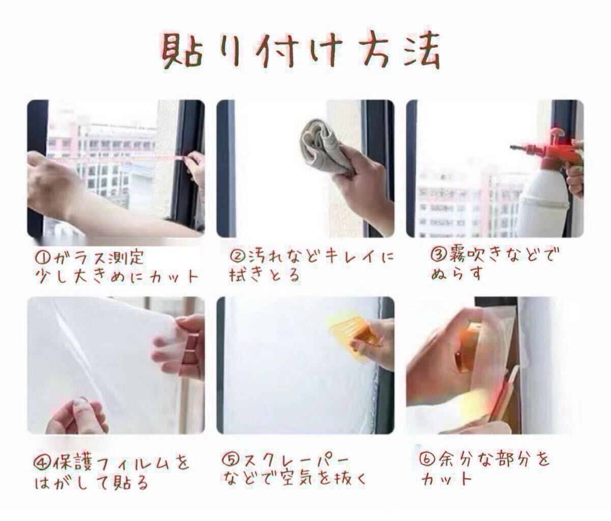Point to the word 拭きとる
click(265, 275)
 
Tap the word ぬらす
click(457, 273)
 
